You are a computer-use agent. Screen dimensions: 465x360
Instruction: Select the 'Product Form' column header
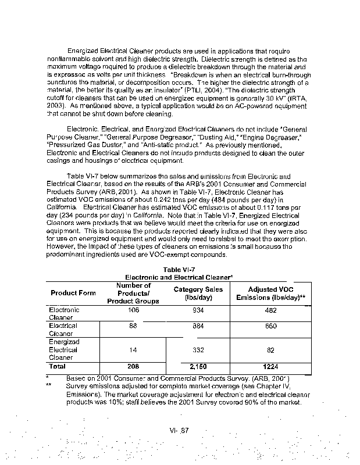[73, 293]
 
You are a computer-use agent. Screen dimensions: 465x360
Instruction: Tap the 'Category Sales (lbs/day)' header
[195, 293]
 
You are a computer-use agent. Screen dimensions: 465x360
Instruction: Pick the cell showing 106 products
[133, 310]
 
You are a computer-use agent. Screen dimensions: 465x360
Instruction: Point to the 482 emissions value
[271, 310]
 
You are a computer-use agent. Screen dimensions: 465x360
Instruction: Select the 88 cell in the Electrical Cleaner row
[133, 326]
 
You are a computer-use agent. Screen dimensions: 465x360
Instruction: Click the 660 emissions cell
[271, 326]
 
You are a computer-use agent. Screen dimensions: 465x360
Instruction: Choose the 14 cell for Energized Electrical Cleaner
[133, 350]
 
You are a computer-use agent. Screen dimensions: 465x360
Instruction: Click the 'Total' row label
[58, 367]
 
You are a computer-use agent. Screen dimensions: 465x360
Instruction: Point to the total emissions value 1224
[271, 367]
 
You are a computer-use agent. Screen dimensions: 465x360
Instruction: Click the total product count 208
[133, 367]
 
